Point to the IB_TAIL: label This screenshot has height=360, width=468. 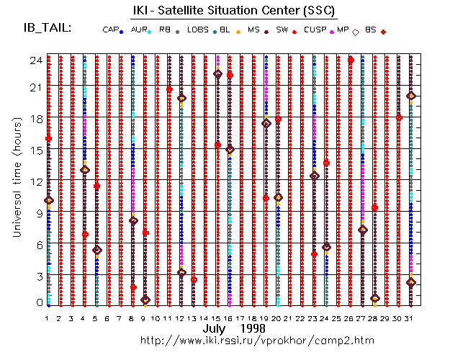(x=47, y=28)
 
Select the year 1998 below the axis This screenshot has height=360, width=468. (x=255, y=328)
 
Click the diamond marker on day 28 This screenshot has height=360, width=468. (x=374, y=298)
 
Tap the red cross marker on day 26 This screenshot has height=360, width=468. (x=351, y=60)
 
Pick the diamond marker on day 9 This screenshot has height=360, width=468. (x=145, y=300)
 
